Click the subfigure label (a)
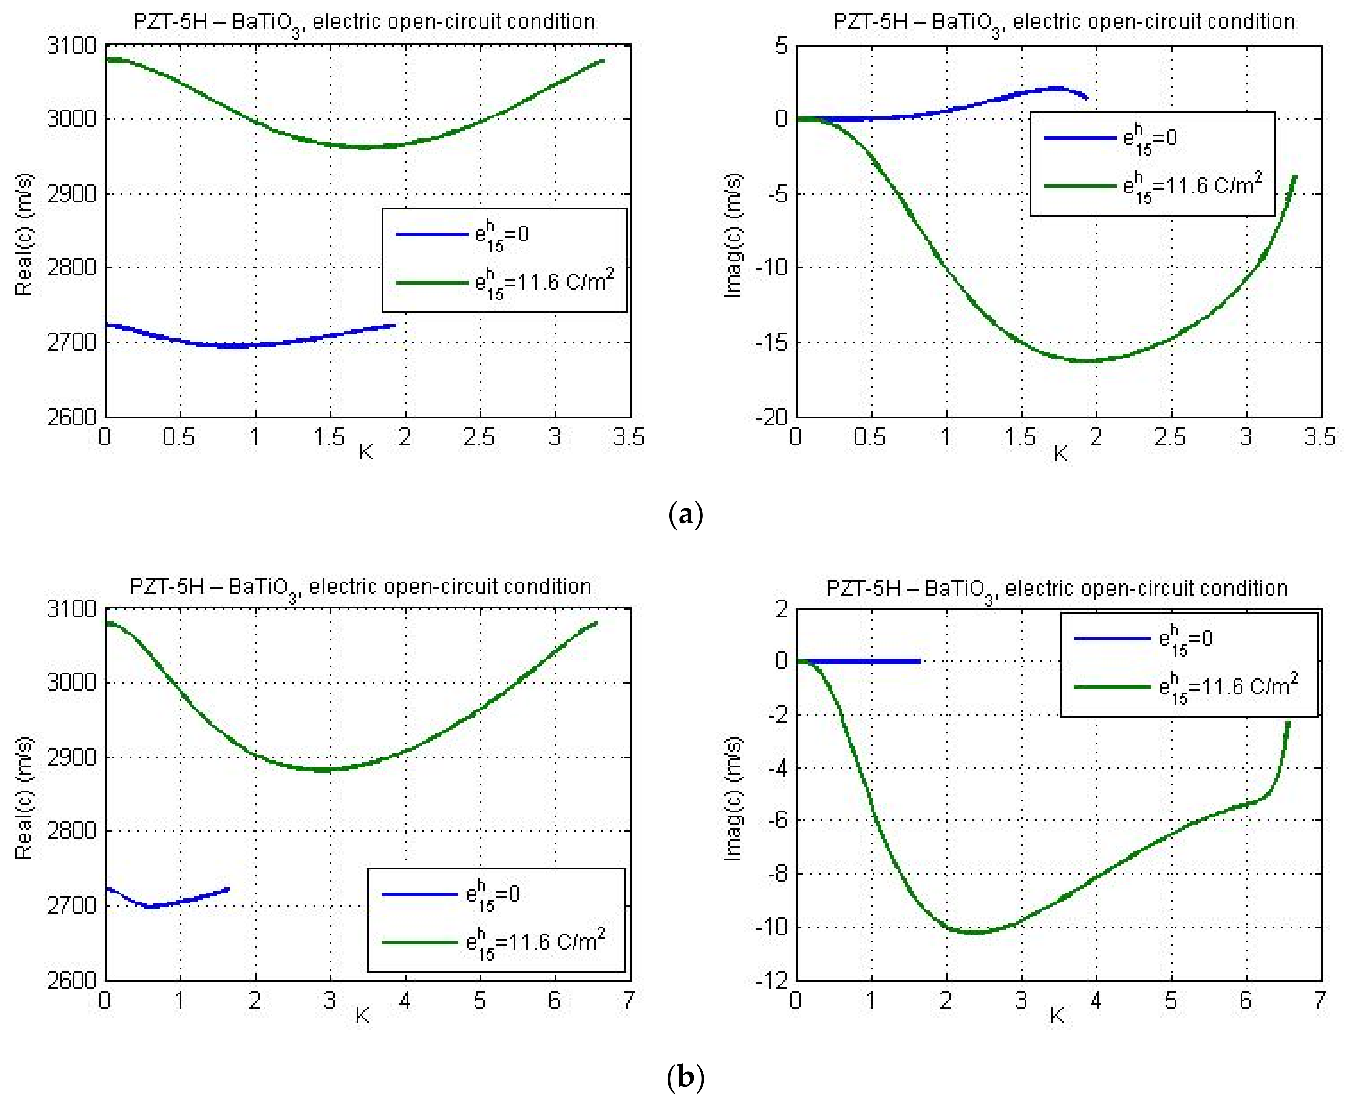coord(685,514)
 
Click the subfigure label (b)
coord(685,1077)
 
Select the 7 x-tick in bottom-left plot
coord(628,1001)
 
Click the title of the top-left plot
coord(364,22)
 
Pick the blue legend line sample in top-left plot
coord(431,234)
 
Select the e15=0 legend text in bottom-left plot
coord(493,894)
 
